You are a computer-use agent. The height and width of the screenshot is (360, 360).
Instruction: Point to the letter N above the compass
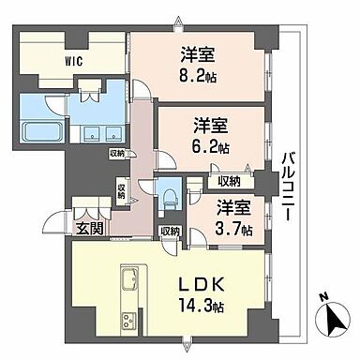click(x=322, y=298)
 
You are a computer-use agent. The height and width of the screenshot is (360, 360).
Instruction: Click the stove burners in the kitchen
click(x=128, y=322)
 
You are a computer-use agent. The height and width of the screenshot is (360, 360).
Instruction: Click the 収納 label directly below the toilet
click(x=170, y=231)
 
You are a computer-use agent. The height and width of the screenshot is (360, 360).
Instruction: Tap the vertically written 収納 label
click(x=121, y=190)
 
